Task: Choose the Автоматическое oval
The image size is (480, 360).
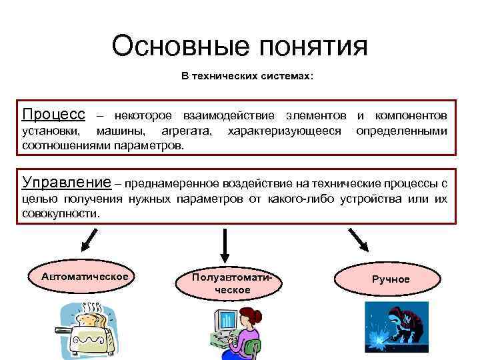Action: (x=85, y=276)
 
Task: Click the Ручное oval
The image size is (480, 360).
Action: (x=390, y=279)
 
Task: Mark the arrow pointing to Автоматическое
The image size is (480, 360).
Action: (x=89, y=241)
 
